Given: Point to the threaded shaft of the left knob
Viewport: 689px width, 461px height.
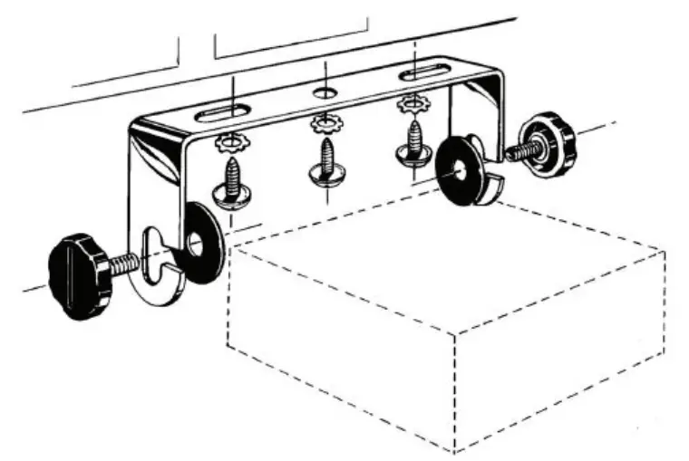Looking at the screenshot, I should pyautogui.click(x=125, y=264).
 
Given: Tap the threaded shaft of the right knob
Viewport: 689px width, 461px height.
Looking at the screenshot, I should pyautogui.click(x=520, y=150).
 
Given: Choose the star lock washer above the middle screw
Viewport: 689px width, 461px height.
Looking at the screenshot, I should pyautogui.click(x=325, y=123).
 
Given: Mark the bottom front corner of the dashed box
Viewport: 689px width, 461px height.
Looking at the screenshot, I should pyautogui.click(x=452, y=451).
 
